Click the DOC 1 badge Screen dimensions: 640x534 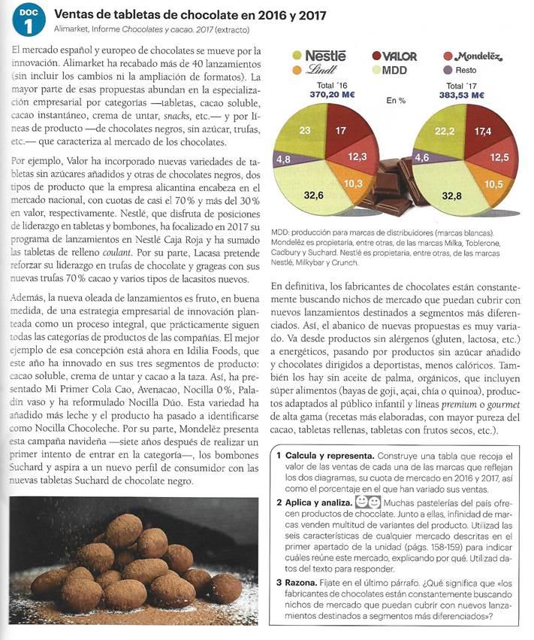tap(28, 20)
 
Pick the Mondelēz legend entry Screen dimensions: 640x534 tap(470, 56)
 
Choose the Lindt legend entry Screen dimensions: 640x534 tap(324, 69)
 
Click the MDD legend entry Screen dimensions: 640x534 tap(394, 70)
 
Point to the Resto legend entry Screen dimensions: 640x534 tap(463, 70)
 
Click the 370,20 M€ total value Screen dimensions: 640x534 tap(332, 95)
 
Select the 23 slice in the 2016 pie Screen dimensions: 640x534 tap(305, 131)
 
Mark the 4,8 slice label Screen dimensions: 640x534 tap(284, 159)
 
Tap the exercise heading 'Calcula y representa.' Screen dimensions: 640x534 tap(326, 456)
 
